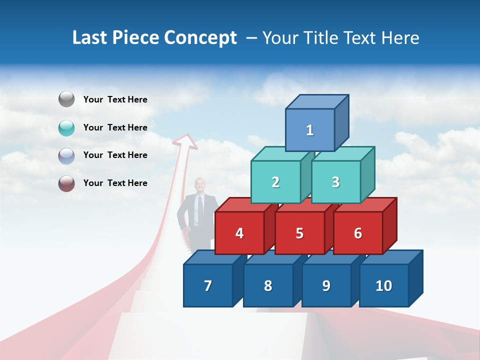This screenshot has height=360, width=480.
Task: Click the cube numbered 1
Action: [310, 130]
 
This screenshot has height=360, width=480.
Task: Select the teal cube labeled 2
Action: [275, 182]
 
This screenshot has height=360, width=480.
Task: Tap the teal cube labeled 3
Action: [335, 182]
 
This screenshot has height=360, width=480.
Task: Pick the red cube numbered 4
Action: [239, 233]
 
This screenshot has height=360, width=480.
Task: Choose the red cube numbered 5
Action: [299, 233]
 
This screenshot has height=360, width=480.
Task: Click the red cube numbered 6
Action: [358, 233]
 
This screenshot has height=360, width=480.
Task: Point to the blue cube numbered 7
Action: [208, 285]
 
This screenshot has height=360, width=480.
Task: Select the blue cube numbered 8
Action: [268, 285]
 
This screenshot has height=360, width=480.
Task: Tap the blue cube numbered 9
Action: [326, 285]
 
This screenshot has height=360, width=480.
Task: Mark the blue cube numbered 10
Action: [384, 285]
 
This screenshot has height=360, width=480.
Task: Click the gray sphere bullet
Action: [66, 99]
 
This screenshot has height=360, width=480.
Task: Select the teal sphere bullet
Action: [66, 127]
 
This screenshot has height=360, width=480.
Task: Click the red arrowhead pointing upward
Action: [185, 141]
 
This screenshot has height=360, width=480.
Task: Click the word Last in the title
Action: [89, 38]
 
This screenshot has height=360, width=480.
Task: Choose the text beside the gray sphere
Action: [115, 99]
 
